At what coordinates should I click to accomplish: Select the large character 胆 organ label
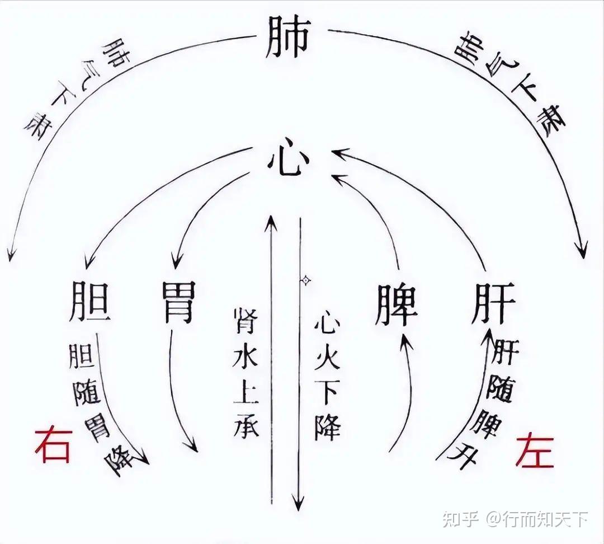point(89,303)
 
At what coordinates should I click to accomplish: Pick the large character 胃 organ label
point(178,303)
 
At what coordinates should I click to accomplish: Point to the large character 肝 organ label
point(492,303)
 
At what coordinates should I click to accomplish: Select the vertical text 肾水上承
point(245,372)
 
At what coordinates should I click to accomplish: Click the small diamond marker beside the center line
point(305,280)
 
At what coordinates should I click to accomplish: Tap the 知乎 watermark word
point(460,519)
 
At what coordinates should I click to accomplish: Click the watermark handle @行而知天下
point(536,519)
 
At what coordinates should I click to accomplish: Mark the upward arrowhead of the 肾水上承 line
point(270,218)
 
